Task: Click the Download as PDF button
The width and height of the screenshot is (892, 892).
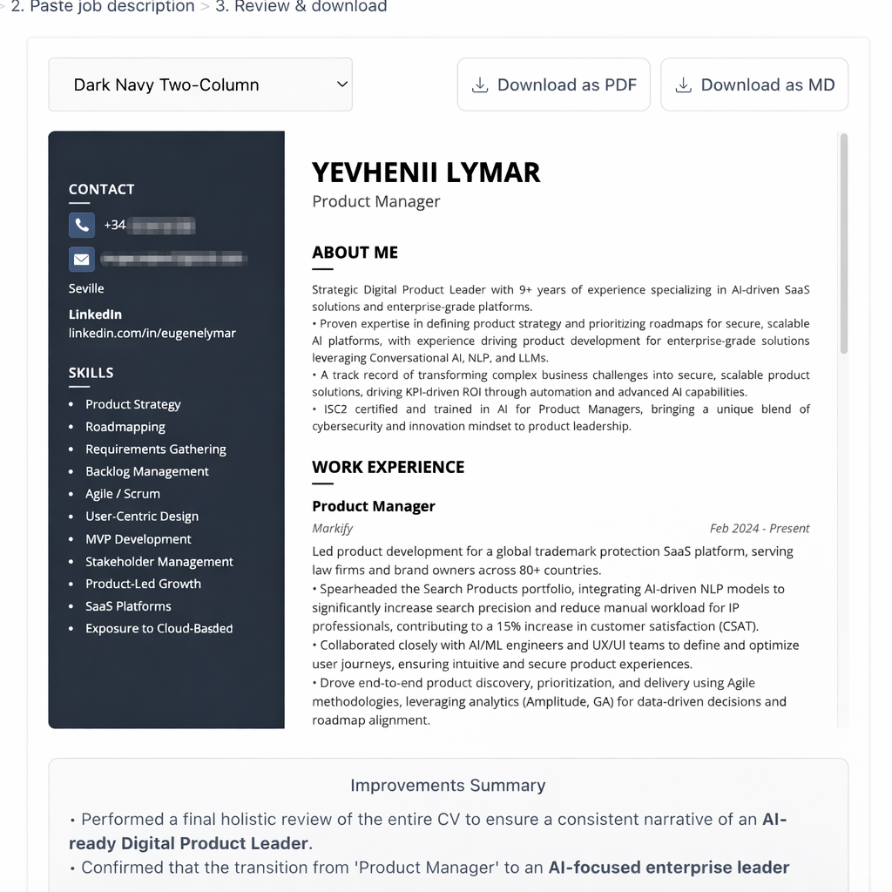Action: click(553, 84)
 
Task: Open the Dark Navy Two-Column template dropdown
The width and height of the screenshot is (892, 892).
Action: click(200, 84)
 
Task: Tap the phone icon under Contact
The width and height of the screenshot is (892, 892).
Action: click(82, 225)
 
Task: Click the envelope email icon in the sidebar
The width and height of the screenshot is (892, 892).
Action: click(82, 259)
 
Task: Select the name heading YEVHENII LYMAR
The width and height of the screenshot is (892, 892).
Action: click(426, 172)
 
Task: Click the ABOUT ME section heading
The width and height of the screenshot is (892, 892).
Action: click(355, 253)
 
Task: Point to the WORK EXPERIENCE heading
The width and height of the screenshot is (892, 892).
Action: click(388, 467)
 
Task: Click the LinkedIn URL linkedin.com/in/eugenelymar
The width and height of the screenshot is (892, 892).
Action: click(152, 333)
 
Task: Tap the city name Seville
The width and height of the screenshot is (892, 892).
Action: click(86, 288)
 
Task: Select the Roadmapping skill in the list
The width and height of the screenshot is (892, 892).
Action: click(125, 427)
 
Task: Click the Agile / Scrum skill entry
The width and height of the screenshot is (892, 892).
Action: click(123, 494)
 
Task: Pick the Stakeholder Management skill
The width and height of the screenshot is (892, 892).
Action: click(159, 562)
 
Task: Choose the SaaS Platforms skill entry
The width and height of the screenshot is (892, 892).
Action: click(128, 606)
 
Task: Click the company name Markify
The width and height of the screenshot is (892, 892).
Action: click(332, 528)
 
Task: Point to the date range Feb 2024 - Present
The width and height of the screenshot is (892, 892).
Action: click(760, 528)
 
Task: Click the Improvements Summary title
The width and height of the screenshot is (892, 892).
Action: click(448, 785)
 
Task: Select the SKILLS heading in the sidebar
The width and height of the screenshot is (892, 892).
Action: click(91, 373)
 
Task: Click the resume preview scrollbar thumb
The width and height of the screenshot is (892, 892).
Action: click(843, 244)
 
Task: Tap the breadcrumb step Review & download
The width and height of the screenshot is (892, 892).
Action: click(301, 7)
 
